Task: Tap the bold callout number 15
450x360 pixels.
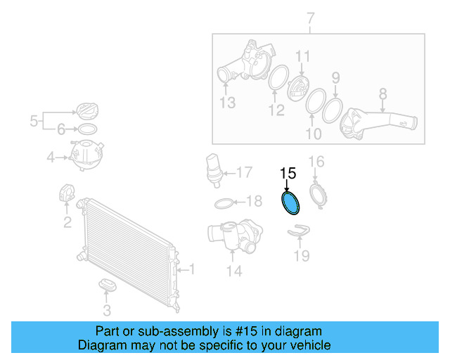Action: click(x=288, y=173)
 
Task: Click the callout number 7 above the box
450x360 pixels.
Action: click(x=310, y=17)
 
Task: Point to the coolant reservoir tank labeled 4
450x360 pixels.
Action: click(x=86, y=156)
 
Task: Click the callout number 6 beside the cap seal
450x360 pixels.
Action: click(x=60, y=129)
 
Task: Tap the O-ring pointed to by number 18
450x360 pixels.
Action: click(x=223, y=203)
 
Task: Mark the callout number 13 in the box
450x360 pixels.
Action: click(x=226, y=104)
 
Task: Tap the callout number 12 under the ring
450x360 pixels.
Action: click(x=276, y=110)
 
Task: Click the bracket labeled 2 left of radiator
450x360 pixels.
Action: click(x=66, y=193)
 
